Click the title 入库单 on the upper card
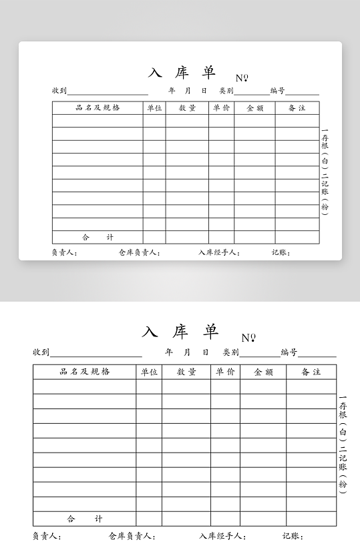click(x=182, y=73)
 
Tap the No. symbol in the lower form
click(x=248, y=338)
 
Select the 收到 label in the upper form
click(x=59, y=91)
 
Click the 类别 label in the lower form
click(x=230, y=352)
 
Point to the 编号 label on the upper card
click(x=278, y=91)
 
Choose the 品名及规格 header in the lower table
click(x=85, y=372)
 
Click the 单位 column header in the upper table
click(x=154, y=107)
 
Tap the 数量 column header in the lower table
click(x=186, y=372)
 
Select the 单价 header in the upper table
click(x=221, y=107)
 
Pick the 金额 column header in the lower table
click(x=263, y=372)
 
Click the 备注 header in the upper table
click(x=297, y=107)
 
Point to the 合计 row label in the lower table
click(x=85, y=519)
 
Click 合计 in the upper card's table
click(x=98, y=237)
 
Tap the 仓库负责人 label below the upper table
click(x=139, y=253)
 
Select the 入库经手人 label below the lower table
click(x=222, y=536)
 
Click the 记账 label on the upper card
click(x=281, y=253)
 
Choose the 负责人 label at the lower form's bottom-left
click(x=47, y=536)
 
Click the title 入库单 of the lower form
click(x=180, y=332)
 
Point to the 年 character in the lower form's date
click(x=168, y=352)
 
